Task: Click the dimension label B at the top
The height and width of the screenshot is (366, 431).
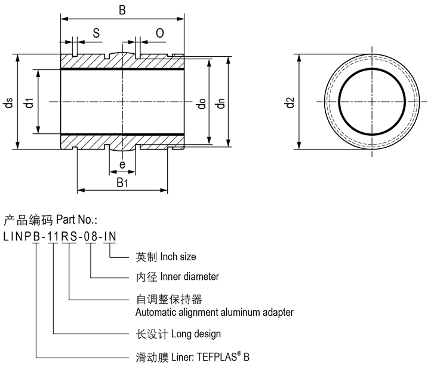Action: tap(122, 10)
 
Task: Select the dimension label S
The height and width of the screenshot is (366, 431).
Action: tap(96, 33)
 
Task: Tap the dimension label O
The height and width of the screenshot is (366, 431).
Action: tap(160, 33)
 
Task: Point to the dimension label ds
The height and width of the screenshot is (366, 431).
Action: tap(8, 102)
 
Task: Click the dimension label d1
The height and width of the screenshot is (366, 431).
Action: tap(29, 102)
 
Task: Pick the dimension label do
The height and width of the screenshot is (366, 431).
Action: tap(201, 102)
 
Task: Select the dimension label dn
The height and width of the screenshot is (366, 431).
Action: tap(221, 102)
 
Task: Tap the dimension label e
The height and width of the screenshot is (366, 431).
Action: tap(122, 165)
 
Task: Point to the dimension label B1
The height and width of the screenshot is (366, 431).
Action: tap(122, 182)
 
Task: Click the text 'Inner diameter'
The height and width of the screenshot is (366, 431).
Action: tap(186, 277)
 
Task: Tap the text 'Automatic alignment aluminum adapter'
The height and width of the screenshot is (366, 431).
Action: tap(214, 312)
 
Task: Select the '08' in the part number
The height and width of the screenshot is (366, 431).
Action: tap(90, 236)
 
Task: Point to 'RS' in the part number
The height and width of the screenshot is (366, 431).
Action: tap(70, 236)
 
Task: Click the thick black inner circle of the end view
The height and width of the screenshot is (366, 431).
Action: tap(340, 102)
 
